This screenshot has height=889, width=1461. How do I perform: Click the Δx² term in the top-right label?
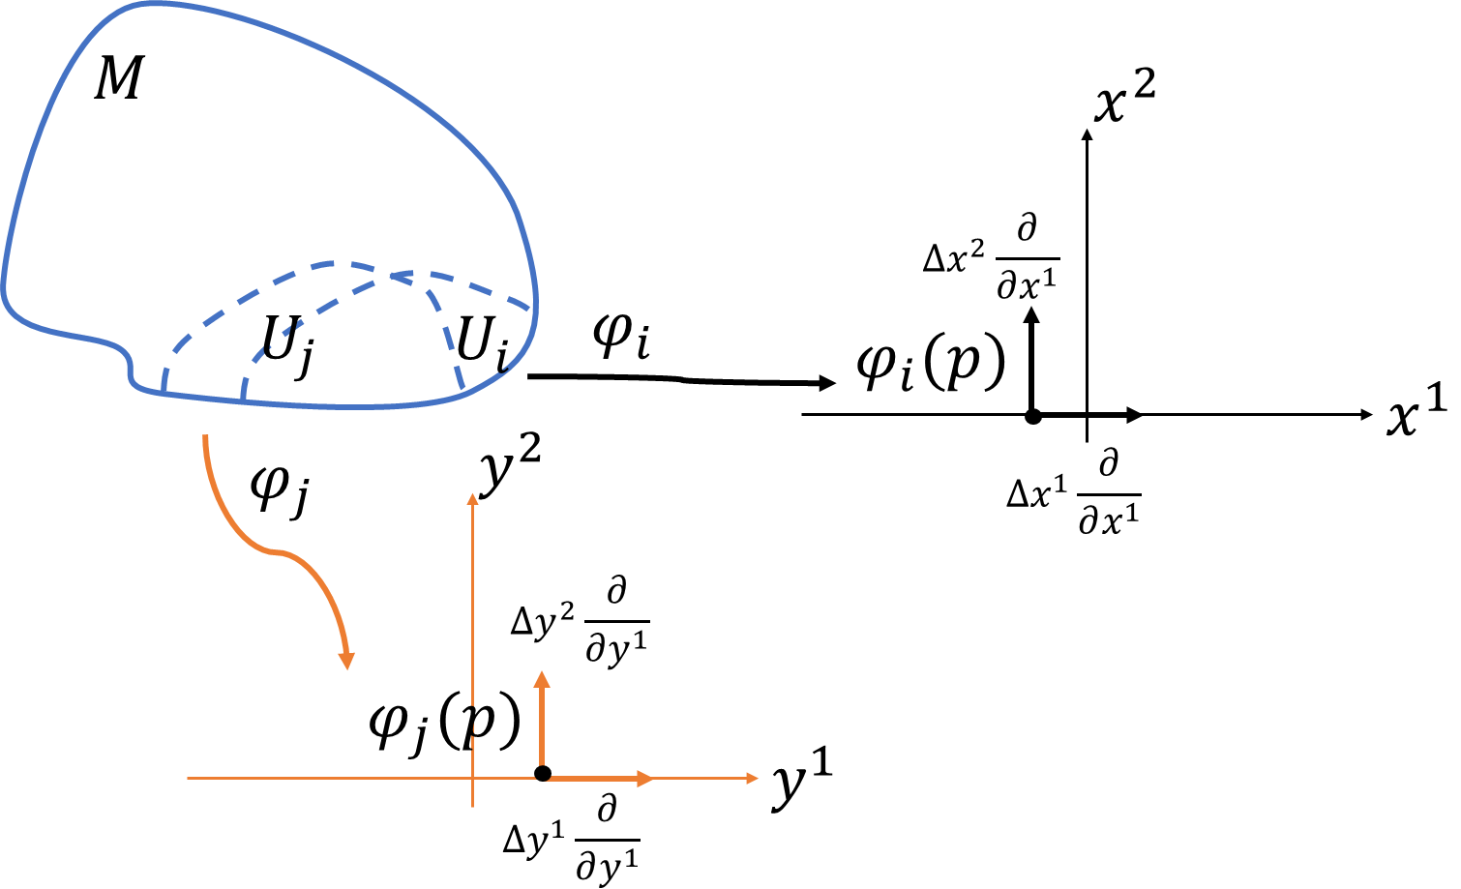click(x=954, y=256)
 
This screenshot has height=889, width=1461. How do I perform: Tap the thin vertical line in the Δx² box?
click(x=1087, y=252)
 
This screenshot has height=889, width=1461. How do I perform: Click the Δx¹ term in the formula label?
click(x=1037, y=492)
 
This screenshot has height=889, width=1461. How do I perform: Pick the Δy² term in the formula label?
click(x=542, y=620)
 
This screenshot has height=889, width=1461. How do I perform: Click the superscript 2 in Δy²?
click(x=567, y=610)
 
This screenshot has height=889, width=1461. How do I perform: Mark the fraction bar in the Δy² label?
click(x=616, y=621)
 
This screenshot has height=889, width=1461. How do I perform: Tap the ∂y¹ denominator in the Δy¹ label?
click(x=607, y=863)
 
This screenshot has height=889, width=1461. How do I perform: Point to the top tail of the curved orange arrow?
click(x=205, y=437)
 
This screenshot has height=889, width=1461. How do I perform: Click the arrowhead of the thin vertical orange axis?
click(x=473, y=497)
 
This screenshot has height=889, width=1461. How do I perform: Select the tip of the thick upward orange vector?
click(x=542, y=677)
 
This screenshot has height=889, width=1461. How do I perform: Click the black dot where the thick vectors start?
click(x=543, y=776)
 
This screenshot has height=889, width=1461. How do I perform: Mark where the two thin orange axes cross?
click(x=473, y=778)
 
